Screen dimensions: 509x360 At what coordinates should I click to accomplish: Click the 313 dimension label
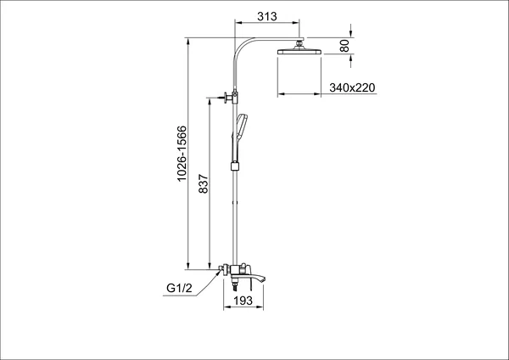click(x=267, y=16)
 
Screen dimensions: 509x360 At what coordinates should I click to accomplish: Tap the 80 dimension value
click(x=344, y=46)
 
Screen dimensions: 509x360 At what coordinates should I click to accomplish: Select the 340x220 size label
click(x=352, y=87)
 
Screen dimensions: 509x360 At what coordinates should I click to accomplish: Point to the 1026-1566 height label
click(x=182, y=154)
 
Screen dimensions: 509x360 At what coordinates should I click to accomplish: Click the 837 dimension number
click(x=204, y=184)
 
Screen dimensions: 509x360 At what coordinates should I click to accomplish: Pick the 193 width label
click(x=243, y=301)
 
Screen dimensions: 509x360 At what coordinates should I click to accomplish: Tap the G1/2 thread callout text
click(x=179, y=288)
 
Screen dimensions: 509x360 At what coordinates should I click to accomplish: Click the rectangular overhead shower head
click(x=299, y=51)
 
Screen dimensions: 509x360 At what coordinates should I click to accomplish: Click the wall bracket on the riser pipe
click(x=231, y=97)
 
